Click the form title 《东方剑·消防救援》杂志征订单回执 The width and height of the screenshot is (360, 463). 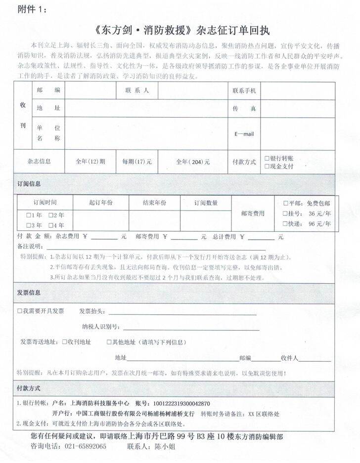pos(180,29)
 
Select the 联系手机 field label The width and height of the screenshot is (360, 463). pos(244,91)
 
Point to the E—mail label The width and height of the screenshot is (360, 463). pos(244,133)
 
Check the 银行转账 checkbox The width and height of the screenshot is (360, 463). pos(267,158)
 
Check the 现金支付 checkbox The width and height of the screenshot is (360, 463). pos(267,166)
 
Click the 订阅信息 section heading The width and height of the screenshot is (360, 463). pos(29,184)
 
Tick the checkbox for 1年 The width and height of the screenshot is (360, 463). pos(29,215)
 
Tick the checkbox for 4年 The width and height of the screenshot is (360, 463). pos(51,225)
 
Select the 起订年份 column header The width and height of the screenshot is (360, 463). pos(100,203)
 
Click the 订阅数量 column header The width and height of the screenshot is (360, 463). pos(206,203)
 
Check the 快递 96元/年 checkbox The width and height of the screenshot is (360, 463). pos(285,224)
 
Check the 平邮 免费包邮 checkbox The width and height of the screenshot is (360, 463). pos(285,203)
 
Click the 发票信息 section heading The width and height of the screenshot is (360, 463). pos(29,293)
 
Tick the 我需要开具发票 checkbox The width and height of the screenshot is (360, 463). pos(20,311)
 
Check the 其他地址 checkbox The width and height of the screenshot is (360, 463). pos(109,342)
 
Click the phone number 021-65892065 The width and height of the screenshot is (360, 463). pos(85,446)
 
